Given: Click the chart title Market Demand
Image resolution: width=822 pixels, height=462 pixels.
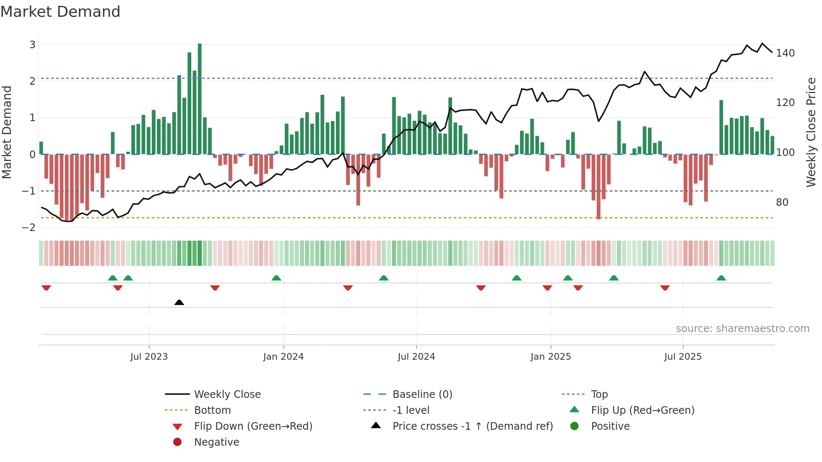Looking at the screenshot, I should tap(60, 12).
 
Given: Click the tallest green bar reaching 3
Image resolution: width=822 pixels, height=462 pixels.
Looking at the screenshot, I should tap(200, 99).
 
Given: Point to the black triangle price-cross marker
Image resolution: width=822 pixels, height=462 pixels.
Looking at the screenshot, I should tap(179, 302).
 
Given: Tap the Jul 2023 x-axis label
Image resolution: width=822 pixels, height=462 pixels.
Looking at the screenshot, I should tap(149, 357).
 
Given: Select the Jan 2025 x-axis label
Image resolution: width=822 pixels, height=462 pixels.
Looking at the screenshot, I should tap(550, 357).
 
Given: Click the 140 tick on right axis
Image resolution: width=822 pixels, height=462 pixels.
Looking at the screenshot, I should tap(785, 53).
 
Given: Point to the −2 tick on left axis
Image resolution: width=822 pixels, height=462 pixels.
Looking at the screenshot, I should tap(29, 228).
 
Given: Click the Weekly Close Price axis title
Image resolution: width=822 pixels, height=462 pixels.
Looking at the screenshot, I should tap(811, 132).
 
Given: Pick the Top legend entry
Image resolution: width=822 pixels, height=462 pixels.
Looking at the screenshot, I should tap(599, 395).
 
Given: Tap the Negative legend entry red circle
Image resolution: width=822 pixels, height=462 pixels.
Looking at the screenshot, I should tap(177, 442).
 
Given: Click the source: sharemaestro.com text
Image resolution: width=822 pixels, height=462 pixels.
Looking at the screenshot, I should tap(742, 329).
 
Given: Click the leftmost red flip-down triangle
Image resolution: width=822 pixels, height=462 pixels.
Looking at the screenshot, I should tap(46, 288).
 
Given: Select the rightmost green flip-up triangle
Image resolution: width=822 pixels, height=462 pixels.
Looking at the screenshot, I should tap(721, 278).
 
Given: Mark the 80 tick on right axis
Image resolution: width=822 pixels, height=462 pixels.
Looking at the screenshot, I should tap(782, 202).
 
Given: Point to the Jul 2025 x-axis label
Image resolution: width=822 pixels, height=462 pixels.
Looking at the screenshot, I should tap(682, 357).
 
